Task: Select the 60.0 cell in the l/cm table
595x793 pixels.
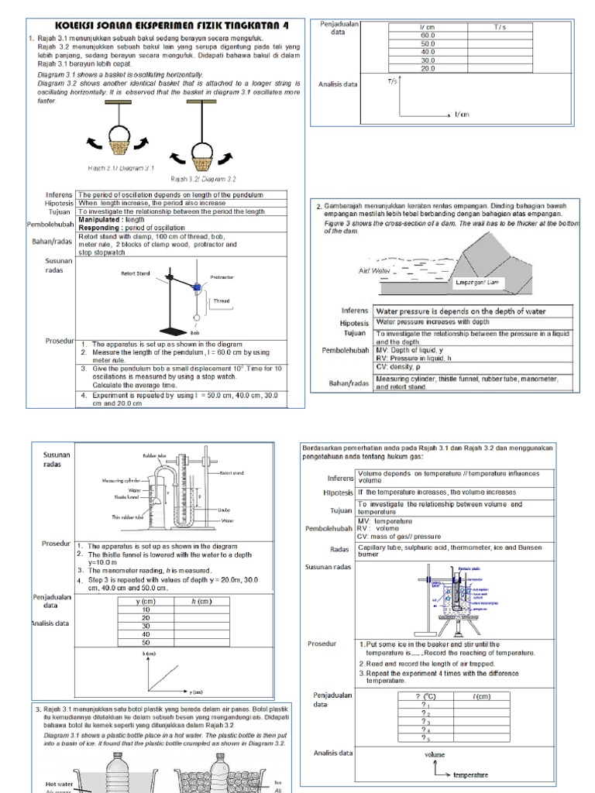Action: click(x=428, y=36)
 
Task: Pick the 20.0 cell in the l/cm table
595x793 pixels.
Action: click(x=428, y=69)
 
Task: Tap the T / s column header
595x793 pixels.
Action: click(x=499, y=27)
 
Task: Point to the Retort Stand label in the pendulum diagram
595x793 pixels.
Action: click(x=136, y=273)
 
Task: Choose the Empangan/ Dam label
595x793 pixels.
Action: click(x=481, y=283)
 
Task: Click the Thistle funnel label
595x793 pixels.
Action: click(x=128, y=497)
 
